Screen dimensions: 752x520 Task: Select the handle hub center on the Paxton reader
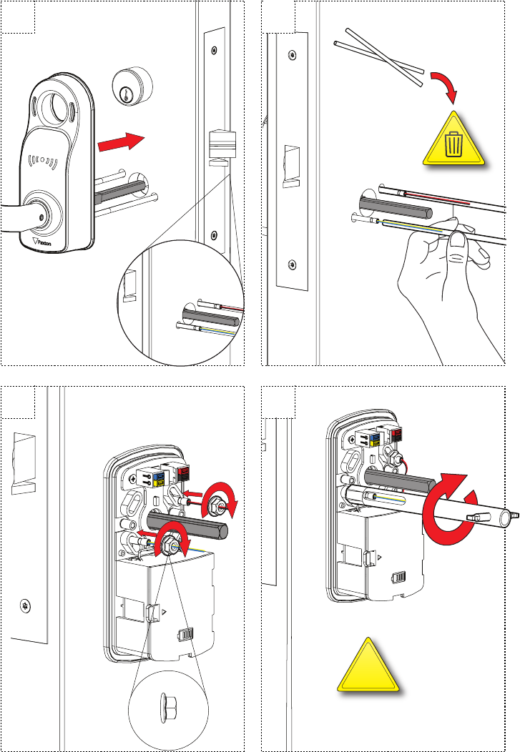(42, 214)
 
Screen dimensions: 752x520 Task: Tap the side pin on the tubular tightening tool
(476, 516)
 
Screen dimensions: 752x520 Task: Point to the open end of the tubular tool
(509, 515)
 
